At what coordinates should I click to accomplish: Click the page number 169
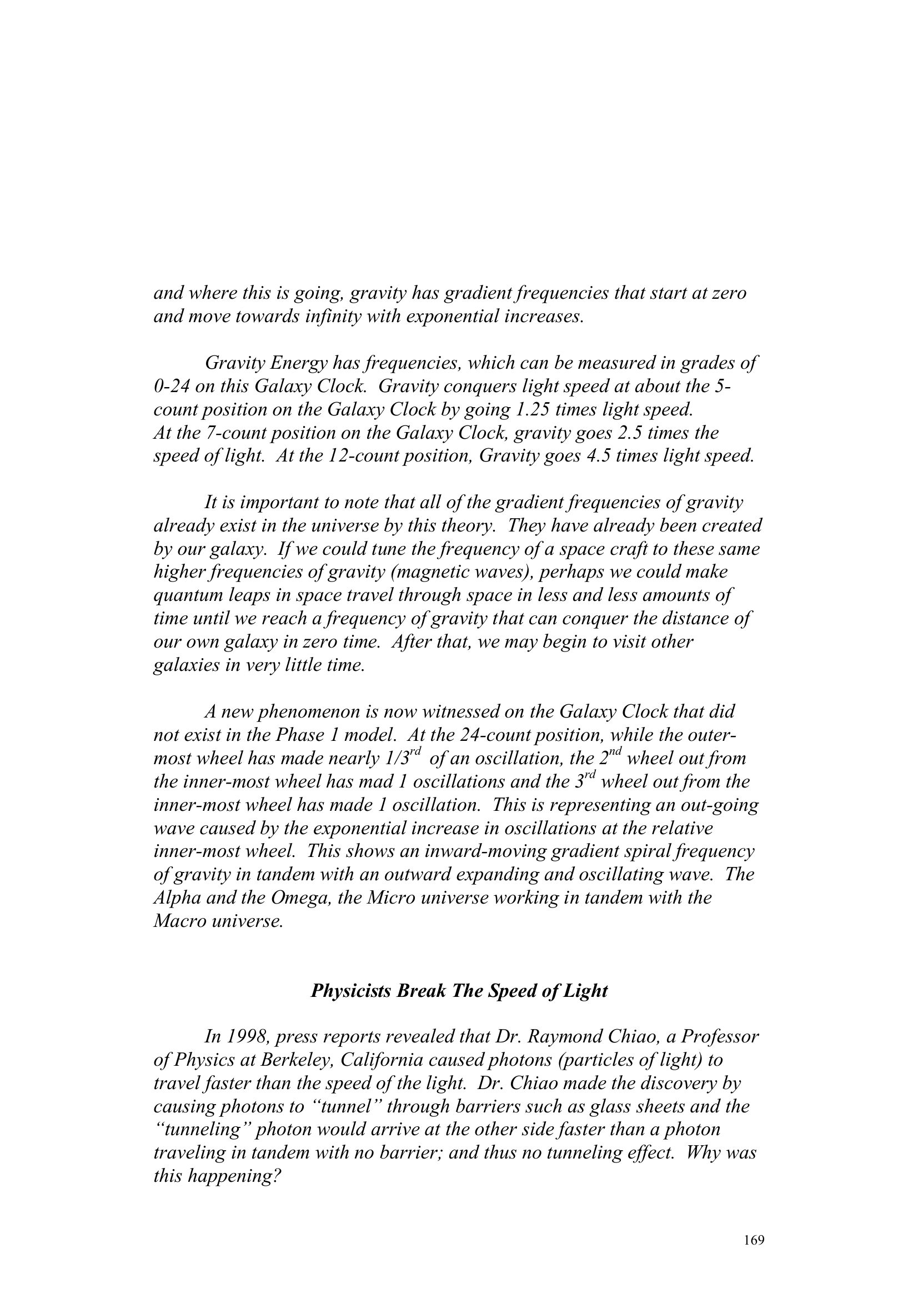coord(754,1241)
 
